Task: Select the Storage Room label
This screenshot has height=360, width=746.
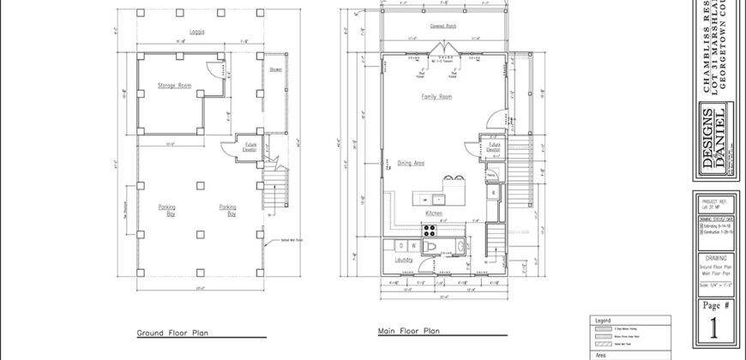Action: pos(172,86)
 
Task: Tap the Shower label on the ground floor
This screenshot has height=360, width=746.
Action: pos(275,69)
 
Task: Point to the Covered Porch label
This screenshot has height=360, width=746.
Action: pos(443,27)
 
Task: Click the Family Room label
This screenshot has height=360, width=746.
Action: pos(436,97)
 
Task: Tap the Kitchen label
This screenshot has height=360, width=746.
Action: pos(434,213)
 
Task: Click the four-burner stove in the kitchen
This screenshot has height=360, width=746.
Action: pos(428,229)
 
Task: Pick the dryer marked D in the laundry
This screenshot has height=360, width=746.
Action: pos(400,246)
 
